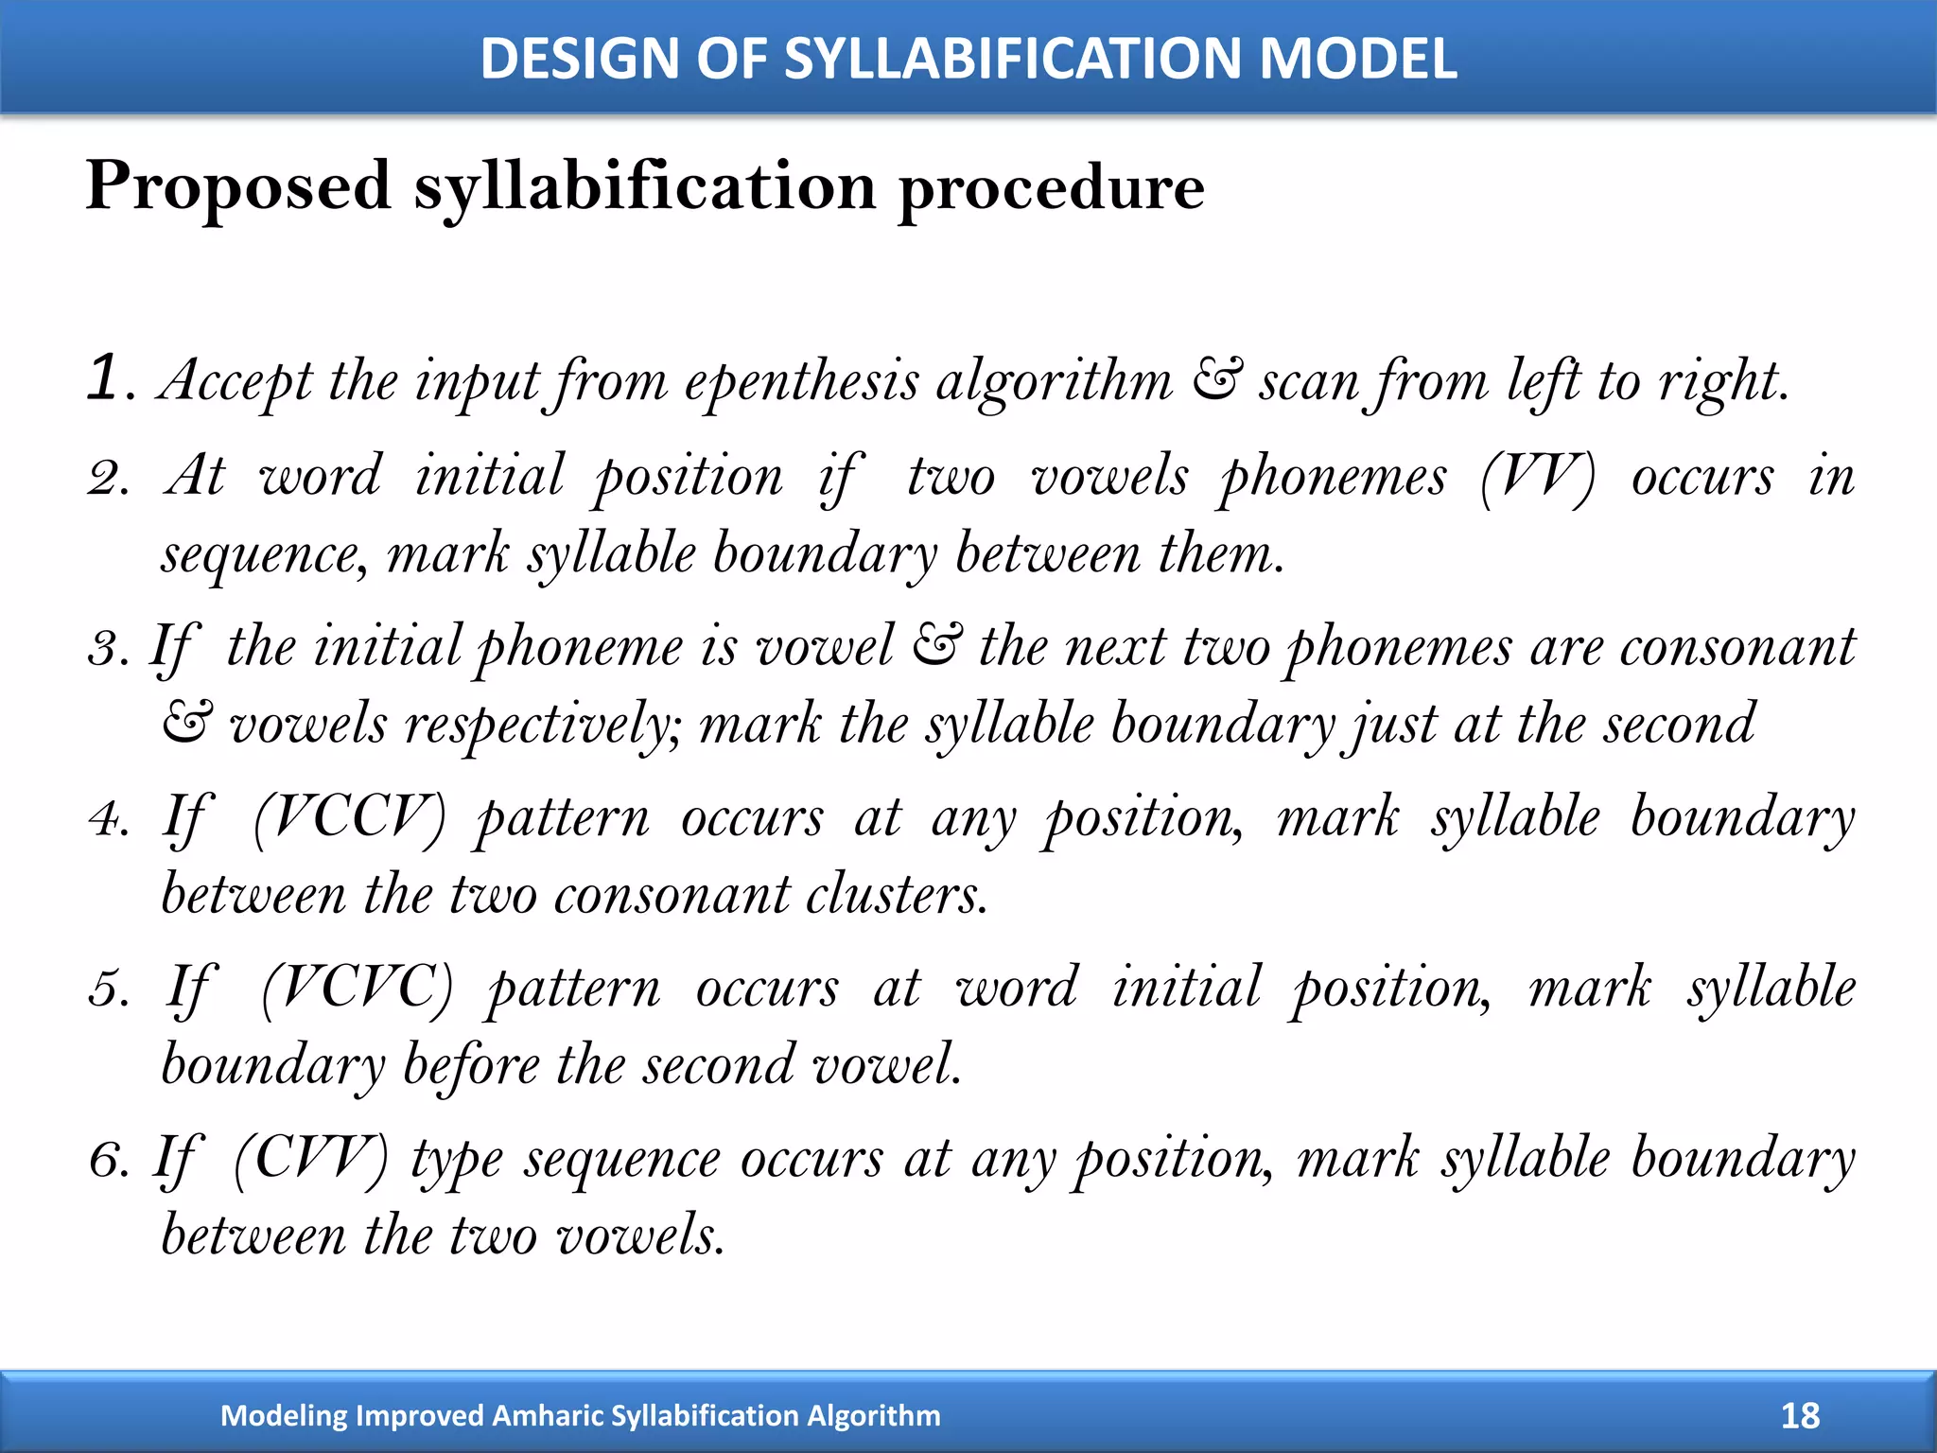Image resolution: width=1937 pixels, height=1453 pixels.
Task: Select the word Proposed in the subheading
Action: coord(238,186)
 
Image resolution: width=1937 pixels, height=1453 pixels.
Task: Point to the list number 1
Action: coord(103,378)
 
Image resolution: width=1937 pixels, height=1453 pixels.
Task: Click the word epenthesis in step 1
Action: coord(801,383)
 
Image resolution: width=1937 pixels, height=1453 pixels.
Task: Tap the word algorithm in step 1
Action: coord(1054,383)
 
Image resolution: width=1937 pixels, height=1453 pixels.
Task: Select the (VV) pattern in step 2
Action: coord(1537,476)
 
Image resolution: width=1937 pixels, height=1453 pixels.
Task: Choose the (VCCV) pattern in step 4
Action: coord(349,817)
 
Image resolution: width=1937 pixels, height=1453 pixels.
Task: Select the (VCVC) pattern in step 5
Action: coord(357,989)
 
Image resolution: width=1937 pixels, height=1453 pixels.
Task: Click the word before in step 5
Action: coord(470,1066)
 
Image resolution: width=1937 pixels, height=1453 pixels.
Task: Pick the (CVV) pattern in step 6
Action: coord(310,1159)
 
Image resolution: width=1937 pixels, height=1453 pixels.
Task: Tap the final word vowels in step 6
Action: coord(640,1235)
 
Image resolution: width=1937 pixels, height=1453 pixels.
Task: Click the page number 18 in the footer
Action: coord(1800,1415)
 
